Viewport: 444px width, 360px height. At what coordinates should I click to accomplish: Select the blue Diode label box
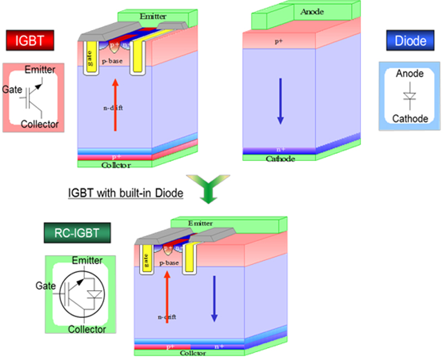[x=411, y=40]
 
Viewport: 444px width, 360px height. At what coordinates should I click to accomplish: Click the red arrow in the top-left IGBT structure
[x=115, y=105]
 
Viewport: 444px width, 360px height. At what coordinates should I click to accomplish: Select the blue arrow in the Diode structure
[x=280, y=100]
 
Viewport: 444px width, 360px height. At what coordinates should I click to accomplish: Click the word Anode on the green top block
[x=311, y=12]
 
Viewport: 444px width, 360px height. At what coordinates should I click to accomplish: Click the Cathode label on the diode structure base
[x=280, y=159]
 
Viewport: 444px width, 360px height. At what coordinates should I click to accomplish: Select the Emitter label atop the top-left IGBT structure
[x=153, y=17]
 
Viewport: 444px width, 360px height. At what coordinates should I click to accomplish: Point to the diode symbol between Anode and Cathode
[x=410, y=97]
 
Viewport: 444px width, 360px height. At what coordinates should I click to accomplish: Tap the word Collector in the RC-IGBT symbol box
[x=87, y=329]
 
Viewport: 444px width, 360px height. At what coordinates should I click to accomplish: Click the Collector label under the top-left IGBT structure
[x=116, y=165]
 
